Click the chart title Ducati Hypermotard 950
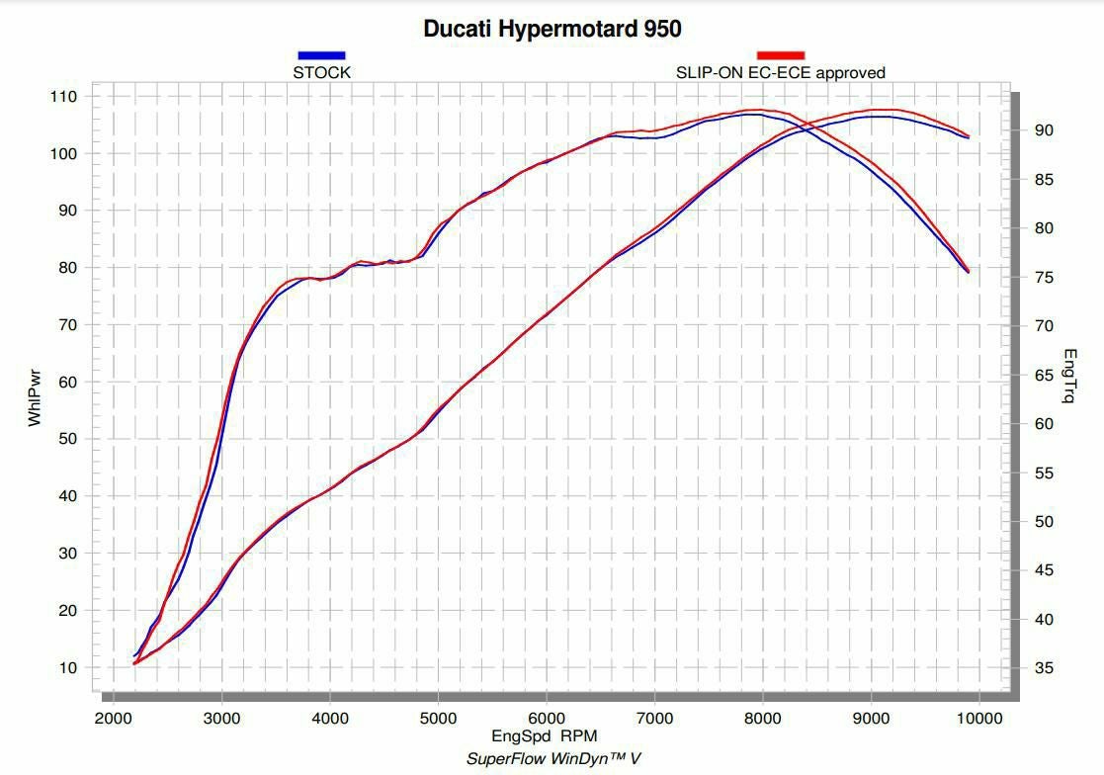click(x=552, y=29)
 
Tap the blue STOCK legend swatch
click(x=321, y=55)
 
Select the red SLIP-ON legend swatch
click(x=780, y=55)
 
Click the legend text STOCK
click(x=321, y=72)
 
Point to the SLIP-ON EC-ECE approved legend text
click(x=780, y=72)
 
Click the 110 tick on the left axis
click(x=63, y=97)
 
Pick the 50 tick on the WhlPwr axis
click(x=67, y=439)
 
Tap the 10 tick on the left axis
click(x=67, y=668)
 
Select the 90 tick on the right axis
click(x=1044, y=130)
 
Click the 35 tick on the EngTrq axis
click(x=1044, y=669)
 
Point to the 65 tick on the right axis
click(x=1044, y=376)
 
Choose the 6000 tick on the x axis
click(x=546, y=719)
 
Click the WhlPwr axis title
click(x=36, y=397)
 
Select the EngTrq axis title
click(x=1069, y=376)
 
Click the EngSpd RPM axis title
click(x=544, y=736)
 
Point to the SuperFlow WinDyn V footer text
click(x=553, y=758)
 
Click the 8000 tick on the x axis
click(x=762, y=719)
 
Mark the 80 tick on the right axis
click(x=1044, y=228)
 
